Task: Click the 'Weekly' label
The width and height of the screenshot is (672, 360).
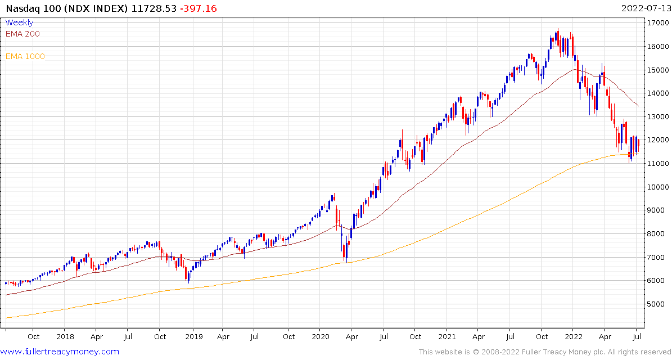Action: click(x=19, y=22)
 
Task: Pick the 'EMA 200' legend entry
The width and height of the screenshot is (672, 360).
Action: click(x=22, y=34)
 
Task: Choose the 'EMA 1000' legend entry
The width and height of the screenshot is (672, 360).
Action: click(x=25, y=56)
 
